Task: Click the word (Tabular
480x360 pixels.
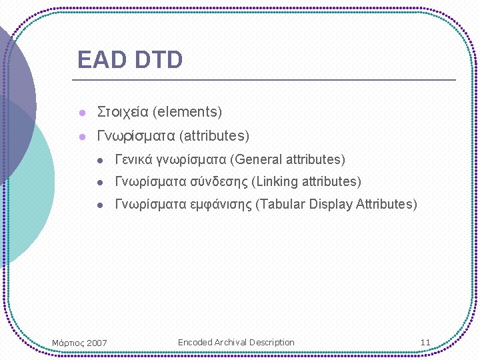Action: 281,205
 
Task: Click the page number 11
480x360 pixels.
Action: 425,343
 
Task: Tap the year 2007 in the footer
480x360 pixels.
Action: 97,343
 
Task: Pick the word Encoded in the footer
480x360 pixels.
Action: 195,343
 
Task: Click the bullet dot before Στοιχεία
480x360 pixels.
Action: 82,112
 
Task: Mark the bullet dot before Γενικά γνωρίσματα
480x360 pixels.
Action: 99,161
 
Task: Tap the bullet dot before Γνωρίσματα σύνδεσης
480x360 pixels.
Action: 99,183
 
